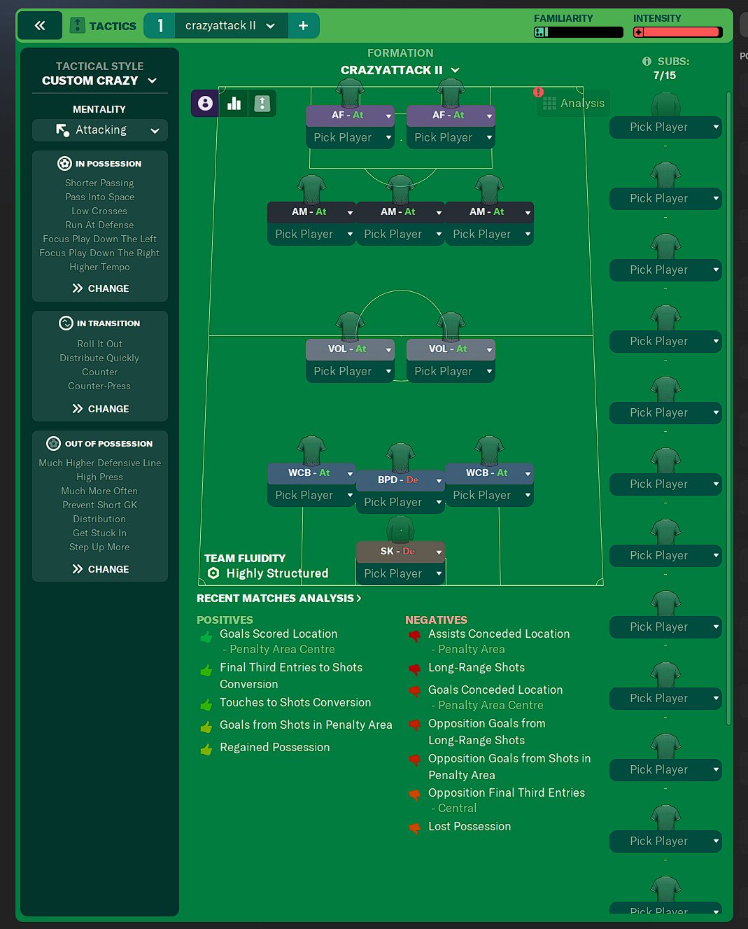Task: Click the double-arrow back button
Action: [40, 26]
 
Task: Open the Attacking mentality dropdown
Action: [100, 130]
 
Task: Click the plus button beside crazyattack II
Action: [303, 26]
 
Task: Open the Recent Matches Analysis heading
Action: [278, 599]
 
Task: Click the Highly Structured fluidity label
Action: [276, 573]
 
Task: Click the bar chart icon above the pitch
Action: [234, 104]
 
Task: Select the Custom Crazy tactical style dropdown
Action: [99, 81]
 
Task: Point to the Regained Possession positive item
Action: [274, 748]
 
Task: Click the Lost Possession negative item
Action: [469, 827]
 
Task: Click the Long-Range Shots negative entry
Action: [476, 668]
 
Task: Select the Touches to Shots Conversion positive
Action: [295, 703]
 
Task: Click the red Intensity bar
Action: [677, 32]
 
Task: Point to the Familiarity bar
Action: [578, 32]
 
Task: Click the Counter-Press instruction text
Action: [99, 386]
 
